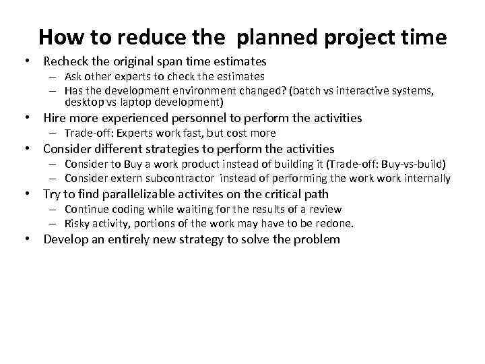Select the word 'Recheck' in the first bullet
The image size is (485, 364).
click(67, 61)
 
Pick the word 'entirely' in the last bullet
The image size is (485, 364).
click(126, 239)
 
